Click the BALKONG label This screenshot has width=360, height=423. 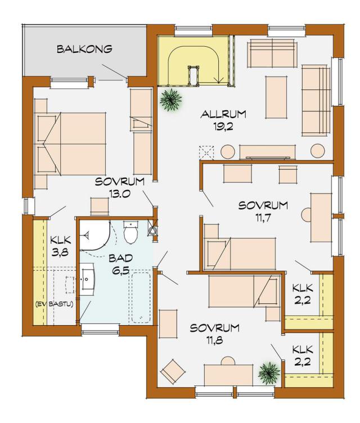point(84,49)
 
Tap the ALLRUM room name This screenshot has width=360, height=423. point(223,114)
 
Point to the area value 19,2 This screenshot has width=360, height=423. point(223,127)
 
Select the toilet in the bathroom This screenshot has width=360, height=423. point(131,231)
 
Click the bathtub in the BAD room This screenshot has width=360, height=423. point(141,298)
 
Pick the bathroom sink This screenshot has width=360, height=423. point(87,279)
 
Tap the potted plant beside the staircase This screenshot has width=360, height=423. point(170,100)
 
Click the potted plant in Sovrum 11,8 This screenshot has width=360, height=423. point(269,373)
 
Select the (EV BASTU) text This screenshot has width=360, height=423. point(54,304)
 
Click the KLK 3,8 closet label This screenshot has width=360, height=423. point(61,246)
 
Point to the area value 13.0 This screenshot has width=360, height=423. point(120,193)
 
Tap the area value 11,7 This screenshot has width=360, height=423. point(263,218)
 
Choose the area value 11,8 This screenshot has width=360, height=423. point(215,340)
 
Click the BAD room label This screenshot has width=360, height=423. point(120,258)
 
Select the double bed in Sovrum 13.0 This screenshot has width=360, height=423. point(70,143)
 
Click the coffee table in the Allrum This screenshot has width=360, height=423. point(276,97)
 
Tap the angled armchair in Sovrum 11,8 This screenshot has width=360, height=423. point(173,371)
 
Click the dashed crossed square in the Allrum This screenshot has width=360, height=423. point(206,152)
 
